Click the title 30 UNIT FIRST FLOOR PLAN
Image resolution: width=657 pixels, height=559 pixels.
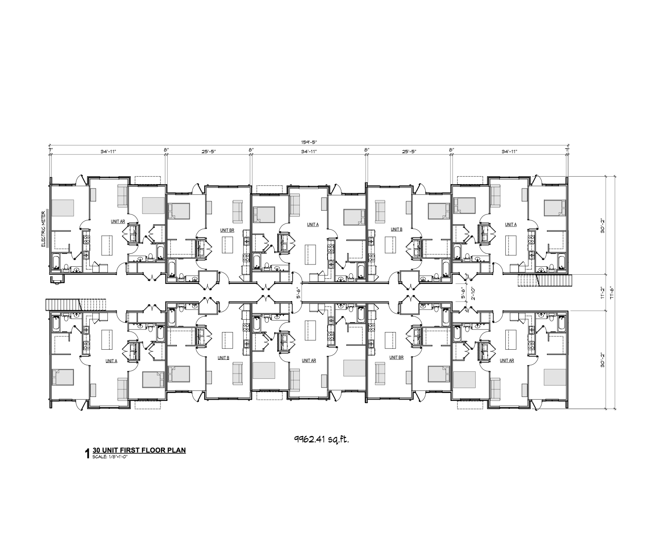139,450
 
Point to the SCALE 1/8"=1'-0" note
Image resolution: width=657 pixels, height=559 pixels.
113,456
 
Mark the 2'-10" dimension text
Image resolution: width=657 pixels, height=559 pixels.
473,292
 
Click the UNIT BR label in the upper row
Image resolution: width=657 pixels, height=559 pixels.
227,230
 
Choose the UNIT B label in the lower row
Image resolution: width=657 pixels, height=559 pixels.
223,358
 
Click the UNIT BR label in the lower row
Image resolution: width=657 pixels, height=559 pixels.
397,358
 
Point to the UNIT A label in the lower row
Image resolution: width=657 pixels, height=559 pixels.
111,360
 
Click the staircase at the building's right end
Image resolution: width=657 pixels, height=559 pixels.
545,280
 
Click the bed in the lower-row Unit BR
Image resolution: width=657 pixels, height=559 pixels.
439,374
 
